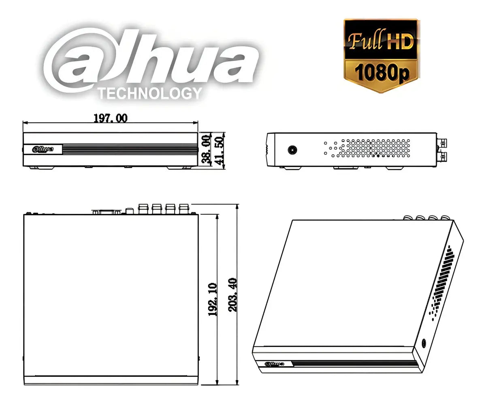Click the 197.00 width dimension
click(110, 118)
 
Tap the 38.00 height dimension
click(206, 149)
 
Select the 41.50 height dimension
click(219, 149)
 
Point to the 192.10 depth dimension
click(213, 299)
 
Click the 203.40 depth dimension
click(233, 295)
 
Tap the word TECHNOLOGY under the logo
click(150, 94)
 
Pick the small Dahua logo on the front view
click(43, 149)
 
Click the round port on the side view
click(292, 150)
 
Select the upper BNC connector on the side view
click(443, 143)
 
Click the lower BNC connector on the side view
click(443, 156)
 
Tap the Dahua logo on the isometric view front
click(274, 363)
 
